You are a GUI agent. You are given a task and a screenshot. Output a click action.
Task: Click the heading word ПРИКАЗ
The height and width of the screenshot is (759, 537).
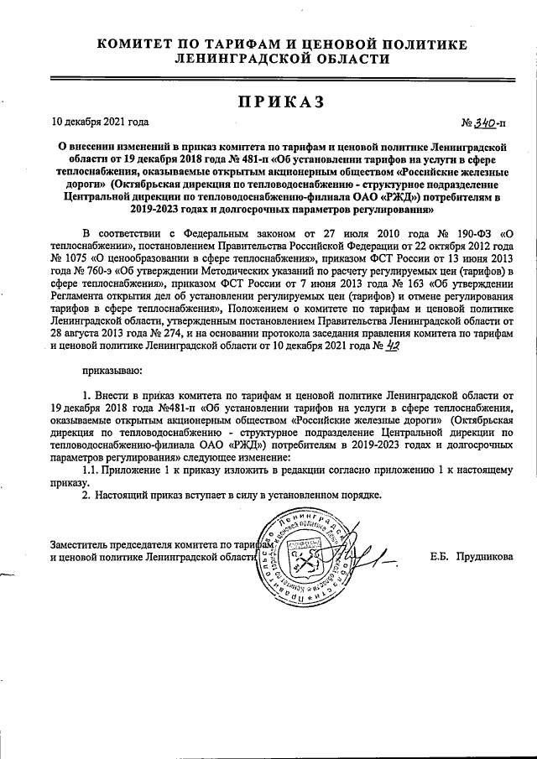click(x=269, y=101)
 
